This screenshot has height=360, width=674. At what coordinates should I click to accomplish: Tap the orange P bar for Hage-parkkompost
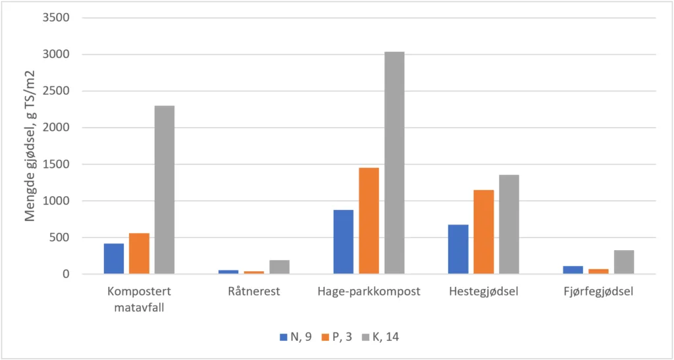(369, 220)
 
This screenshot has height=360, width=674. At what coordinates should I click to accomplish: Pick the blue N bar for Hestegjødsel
(458, 249)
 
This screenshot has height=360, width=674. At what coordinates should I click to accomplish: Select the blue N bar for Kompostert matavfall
(114, 259)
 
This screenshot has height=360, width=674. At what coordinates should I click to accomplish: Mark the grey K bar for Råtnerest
(279, 267)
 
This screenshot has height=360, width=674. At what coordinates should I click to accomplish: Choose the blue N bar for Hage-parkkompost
(344, 242)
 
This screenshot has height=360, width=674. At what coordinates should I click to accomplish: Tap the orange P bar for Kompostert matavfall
(139, 253)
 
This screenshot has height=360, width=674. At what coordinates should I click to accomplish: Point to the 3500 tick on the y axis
(56, 18)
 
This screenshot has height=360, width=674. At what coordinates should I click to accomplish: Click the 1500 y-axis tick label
(56, 165)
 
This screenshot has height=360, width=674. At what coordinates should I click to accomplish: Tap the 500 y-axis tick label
(59, 238)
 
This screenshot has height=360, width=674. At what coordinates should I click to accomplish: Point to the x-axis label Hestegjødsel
(483, 292)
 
